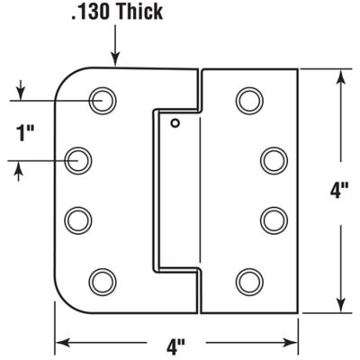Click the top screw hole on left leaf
(103, 99)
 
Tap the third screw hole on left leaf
(81, 219)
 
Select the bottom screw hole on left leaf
(103, 279)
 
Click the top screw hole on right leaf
(248, 99)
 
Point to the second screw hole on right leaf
(273, 159)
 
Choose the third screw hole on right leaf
(273, 219)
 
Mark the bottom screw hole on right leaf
(248, 279)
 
